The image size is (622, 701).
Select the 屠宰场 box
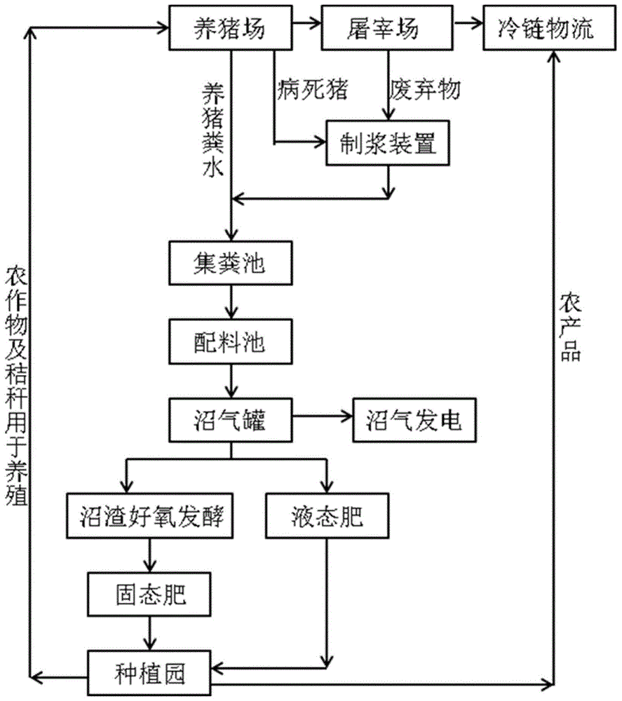pyautogui.click(x=386, y=29)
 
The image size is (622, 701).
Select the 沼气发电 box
pyautogui.click(x=414, y=419)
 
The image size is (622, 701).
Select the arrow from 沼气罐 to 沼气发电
pyautogui.click(x=323, y=418)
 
